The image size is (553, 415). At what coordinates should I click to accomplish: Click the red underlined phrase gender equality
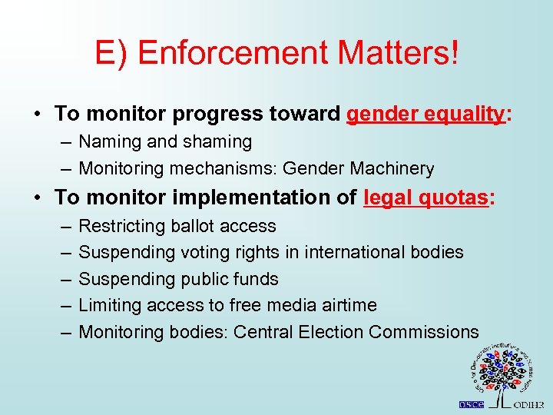pos(426,115)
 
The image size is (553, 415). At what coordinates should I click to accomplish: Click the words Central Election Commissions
pos(356,332)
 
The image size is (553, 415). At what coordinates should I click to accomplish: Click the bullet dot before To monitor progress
pos(37,115)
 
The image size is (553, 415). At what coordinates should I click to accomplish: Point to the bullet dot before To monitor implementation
pos(37,198)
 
